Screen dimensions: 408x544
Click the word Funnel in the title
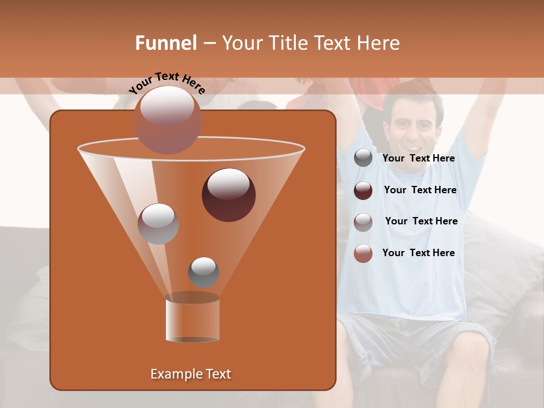[x=166, y=43]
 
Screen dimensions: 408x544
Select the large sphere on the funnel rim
[x=168, y=120]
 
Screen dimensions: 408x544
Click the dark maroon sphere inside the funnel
[x=228, y=194]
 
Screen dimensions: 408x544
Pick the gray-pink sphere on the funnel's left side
[x=158, y=223]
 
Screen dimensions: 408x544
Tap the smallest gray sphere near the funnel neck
[x=203, y=272]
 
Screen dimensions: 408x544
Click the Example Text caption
[x=190, y=374]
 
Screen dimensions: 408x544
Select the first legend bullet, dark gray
[x=363, y=158]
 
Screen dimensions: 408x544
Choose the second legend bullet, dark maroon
[x=363, y=190]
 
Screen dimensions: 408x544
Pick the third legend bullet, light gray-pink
[x=363, y=222]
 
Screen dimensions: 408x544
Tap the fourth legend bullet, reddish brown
[x=363, y=253]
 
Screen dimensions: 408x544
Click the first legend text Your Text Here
[x=418, y=159]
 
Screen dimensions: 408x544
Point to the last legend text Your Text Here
[x=418, y=253]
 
